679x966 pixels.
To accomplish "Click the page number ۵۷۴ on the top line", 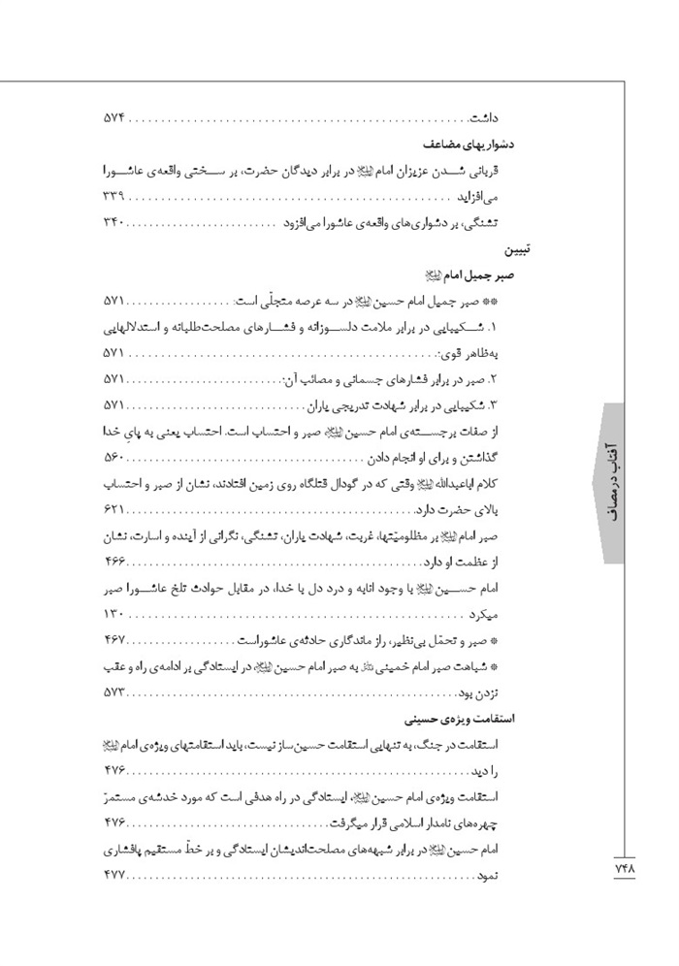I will pos(115,119).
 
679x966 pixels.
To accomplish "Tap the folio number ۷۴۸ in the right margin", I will pos(620,869).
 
